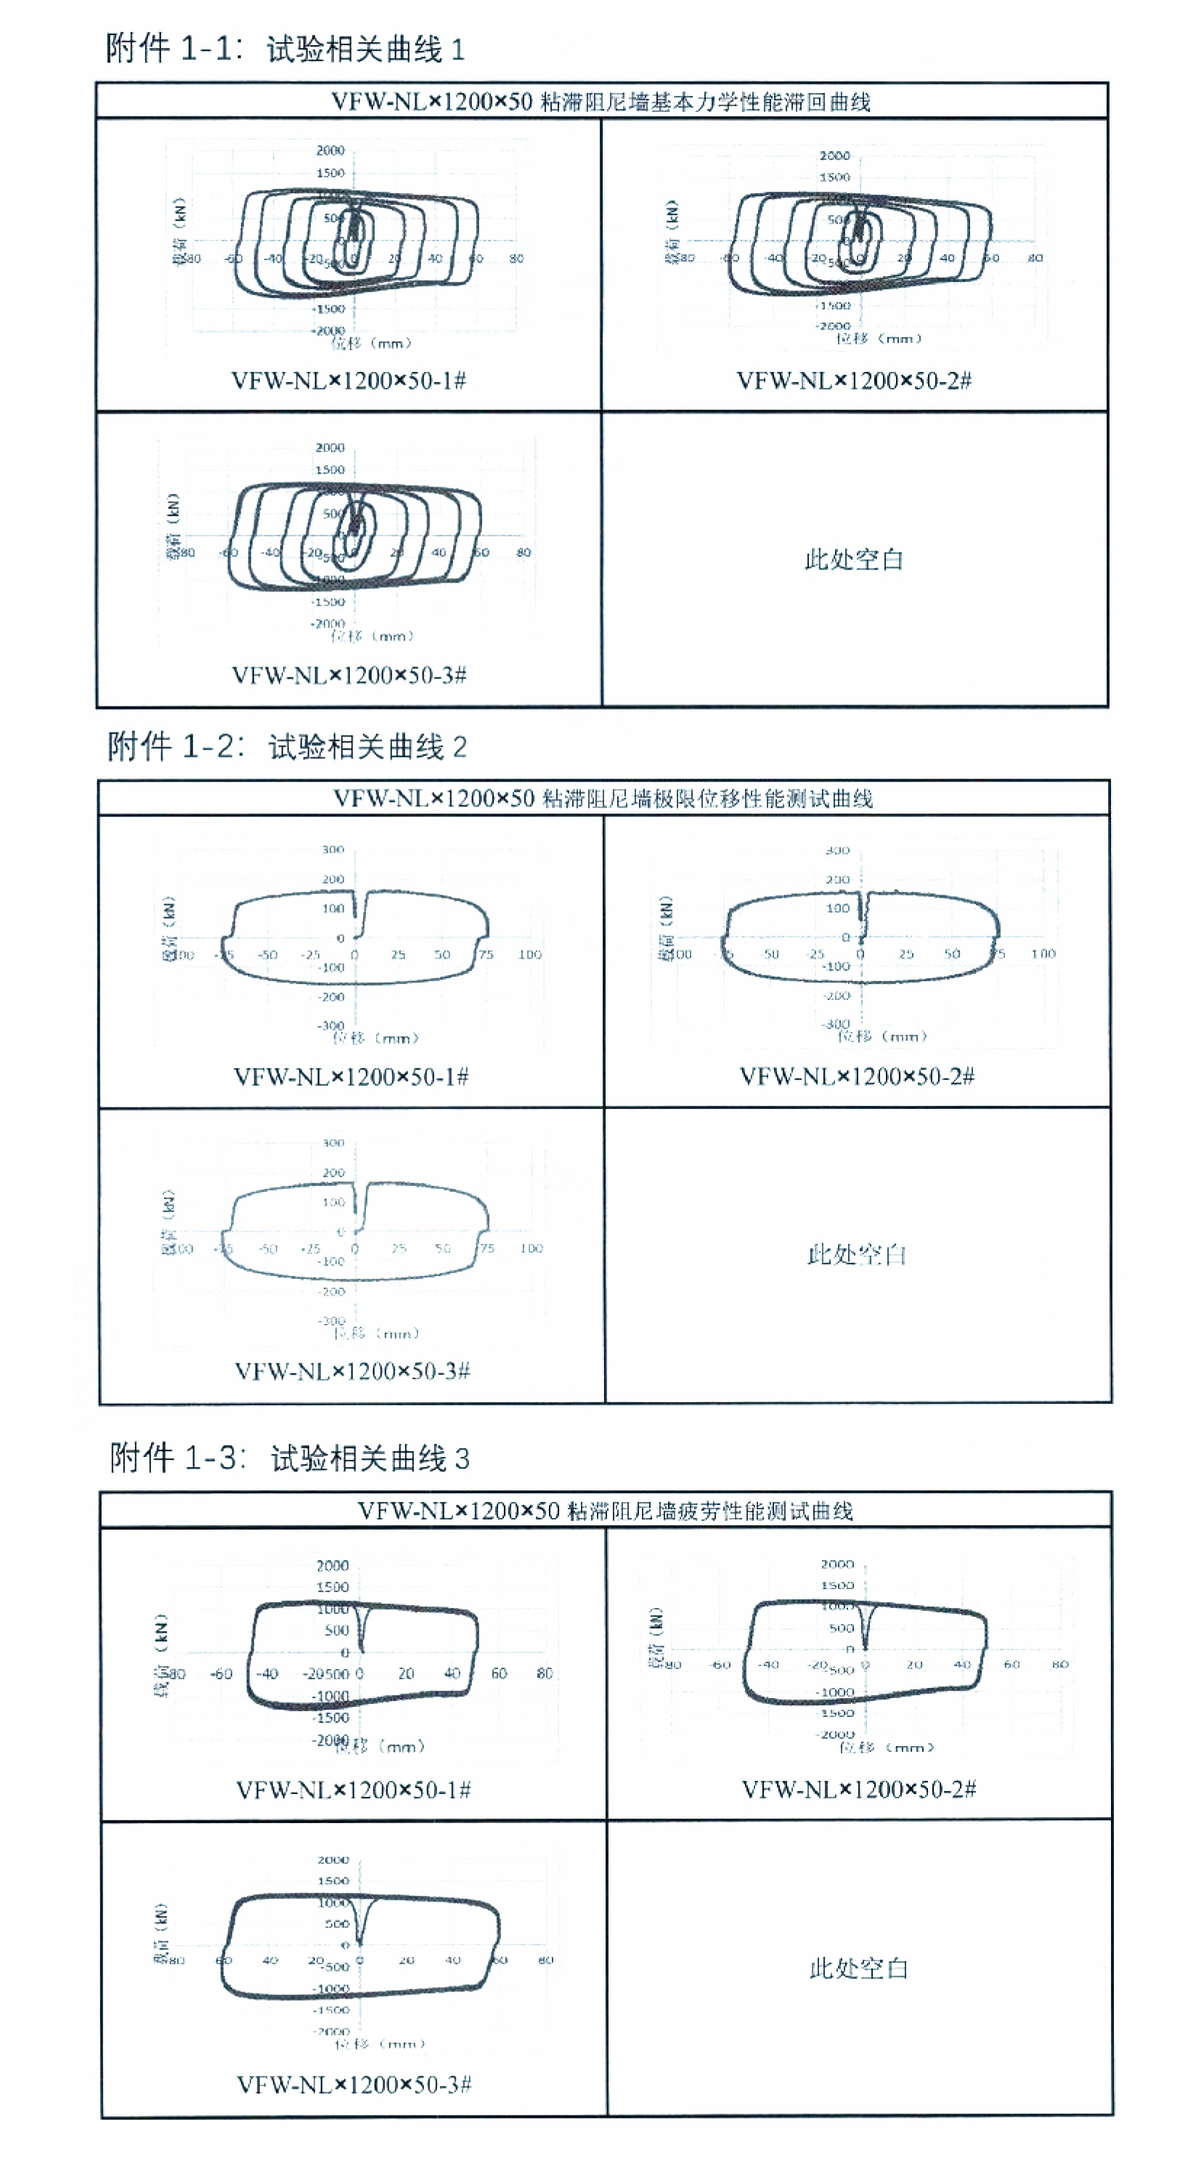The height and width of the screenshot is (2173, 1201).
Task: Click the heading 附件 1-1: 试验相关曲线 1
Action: (x=285, y=48)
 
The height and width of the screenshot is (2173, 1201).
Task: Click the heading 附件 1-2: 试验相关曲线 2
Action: (x=287, y=746)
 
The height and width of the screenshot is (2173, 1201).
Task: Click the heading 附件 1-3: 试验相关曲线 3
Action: (x=289, y=1457)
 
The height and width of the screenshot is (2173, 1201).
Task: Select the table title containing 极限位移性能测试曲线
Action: (x=603, y=798)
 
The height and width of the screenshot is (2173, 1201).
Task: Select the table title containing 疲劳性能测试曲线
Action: (x=605, y=1510)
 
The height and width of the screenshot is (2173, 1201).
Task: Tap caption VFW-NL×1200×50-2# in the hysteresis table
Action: (x=853, y=381)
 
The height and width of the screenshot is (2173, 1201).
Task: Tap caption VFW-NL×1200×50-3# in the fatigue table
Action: (x=354, y=2084)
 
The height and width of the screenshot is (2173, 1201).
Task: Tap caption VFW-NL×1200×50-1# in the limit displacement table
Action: (x=351, y=1076)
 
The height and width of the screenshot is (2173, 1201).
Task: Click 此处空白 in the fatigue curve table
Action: (x=858, y=1968)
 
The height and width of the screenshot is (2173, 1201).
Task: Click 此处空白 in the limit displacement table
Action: (x=856, y=1254)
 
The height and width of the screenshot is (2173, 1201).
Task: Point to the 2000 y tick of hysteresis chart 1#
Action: (x=330, y=150)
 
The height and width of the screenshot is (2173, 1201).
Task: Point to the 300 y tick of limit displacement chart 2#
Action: (x=836, y=850)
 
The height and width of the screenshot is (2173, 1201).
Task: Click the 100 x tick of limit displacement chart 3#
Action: (x=531, y=1248)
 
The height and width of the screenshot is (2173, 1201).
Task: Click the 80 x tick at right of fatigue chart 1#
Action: (x=544, y=1672)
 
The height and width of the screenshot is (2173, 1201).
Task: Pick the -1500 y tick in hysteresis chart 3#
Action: (x=328, y=601)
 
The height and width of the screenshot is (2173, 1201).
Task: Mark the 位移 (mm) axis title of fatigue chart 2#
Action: (x=887, y=1747)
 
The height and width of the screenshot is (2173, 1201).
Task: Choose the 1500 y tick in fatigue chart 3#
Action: (x=333, y=1880)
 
